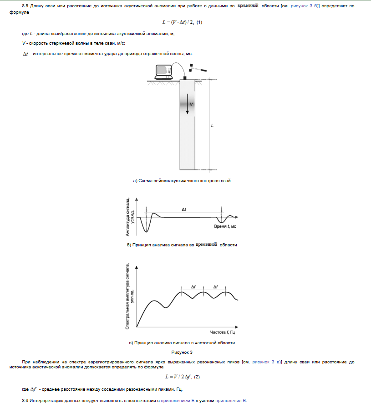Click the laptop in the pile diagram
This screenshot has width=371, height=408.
(x=163, y=70)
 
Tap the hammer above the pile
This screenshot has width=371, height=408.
(x=197, y=68)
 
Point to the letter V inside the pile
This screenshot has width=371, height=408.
(x=192, y=104)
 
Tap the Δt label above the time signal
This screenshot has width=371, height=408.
(x=184, y=209)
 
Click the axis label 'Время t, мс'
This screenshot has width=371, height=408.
(x=225, y=226)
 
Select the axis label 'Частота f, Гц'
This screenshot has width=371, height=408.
(x=222, y=333)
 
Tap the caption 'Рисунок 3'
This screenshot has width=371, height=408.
(x=182, y=352)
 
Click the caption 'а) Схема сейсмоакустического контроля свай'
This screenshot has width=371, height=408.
(x=182, y=181)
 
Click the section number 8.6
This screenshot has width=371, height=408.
(x=25, y=400)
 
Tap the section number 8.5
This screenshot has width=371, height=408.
(x=25, y=5)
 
